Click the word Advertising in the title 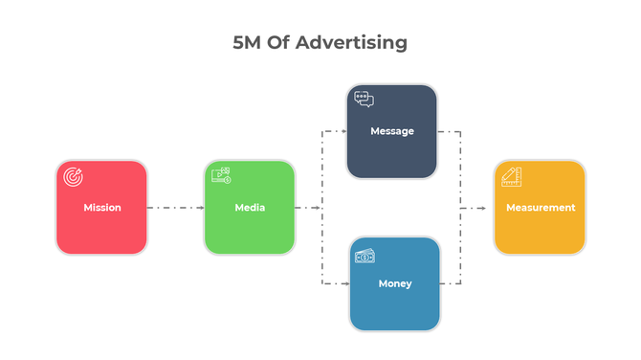pyautogui.click(x=351, y=43)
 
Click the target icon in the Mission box pyautogui.click(x=73, y=176)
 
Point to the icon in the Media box pyautogui.click(x=221, y=174)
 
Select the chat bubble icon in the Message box pyautogui.click(x=364, y=99)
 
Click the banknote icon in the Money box pyautogui.click(x=365, y=257)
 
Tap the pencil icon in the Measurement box pyautogui.click(x=511, y=176)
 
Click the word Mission pyautogui.click(x=101, y=208)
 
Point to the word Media pyautogui.click(x=250, y=208)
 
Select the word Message pyautogui.click(x=392, y=131)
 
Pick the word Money pyautogui.click(x=394, y=284)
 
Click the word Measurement pyautogui.click(x=541, y=208)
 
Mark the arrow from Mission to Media pyautogui.click(x=175, y=207)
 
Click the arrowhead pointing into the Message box pyautogui.click(x=342, y=131)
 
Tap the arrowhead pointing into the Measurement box pyautogui.click(x=489, y=207)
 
